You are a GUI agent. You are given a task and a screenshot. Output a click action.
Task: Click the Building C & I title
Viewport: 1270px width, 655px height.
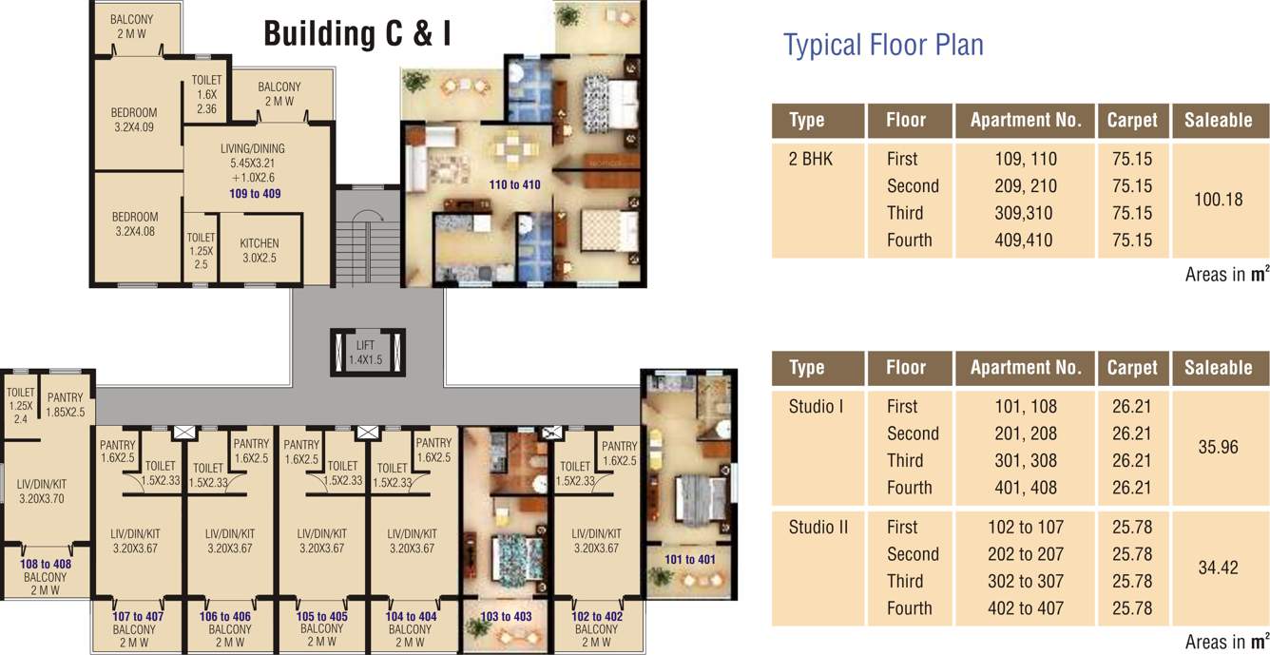pos(356,34)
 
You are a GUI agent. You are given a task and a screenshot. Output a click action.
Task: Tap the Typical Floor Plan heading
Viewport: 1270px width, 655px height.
pos(883,45)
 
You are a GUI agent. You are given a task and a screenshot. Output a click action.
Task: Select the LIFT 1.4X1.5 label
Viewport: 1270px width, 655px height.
pos(366,353)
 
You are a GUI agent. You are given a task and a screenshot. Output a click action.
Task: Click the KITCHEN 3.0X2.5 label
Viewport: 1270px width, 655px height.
pos(259,250)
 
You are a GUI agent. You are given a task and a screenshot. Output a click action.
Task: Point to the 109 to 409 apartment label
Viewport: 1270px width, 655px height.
pos(255,193)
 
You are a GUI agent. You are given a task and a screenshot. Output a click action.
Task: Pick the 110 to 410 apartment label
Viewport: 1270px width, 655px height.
pos(514,184)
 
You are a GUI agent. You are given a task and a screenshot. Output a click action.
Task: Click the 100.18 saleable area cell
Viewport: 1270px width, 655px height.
pos(1218,200)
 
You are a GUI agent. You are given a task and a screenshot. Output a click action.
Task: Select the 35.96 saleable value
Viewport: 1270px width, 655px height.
pos(1218,447)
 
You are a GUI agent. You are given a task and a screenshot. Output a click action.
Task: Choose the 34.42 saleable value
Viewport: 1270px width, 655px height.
pos(1218,568)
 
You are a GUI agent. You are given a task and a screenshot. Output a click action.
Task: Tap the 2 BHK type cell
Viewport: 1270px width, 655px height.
pos(810,159)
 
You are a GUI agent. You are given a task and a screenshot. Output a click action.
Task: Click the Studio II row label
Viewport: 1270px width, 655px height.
pos(818,527)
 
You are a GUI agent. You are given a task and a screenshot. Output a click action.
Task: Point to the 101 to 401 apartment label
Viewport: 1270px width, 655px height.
pos(689,559)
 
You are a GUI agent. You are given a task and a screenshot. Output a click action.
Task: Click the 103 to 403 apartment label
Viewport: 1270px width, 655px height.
pos(507,616)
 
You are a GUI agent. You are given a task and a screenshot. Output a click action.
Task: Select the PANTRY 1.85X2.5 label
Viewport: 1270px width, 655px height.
pos(66,405)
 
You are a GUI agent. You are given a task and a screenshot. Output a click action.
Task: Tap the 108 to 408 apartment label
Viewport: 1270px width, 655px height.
pos(46,564)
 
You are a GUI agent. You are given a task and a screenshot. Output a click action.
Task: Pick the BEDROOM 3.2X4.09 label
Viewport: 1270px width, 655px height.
pos(133,120)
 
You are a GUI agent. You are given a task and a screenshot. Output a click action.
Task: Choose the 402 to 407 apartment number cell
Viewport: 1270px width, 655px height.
pos(1026,607)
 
